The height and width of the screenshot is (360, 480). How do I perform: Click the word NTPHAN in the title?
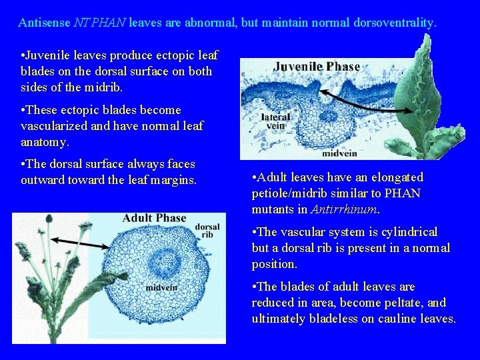tap(101, 23)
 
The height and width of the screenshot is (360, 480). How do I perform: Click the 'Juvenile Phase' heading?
tap(316, 67)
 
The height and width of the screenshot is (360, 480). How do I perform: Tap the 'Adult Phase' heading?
tap(154, 218)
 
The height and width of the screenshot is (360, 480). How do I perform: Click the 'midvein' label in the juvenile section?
tap(339, 153)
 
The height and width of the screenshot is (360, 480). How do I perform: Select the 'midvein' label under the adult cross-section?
tap(162, 288)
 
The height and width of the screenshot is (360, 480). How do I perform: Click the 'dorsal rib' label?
tap(207, 230)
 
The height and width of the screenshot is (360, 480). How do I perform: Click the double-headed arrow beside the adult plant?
tap(74, 241)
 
